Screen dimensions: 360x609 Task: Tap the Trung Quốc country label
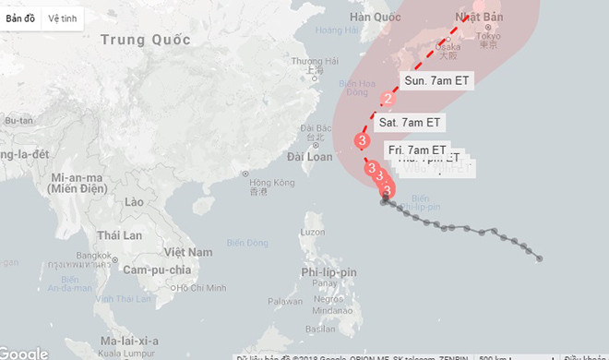tap(146, 40)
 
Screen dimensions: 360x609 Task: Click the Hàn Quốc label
tap(376, 18)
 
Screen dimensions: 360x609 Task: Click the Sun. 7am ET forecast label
tap(436, 80)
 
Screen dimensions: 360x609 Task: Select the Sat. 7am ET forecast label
tap(411, 122)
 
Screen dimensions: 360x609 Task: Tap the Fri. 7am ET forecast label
tap(417, 150)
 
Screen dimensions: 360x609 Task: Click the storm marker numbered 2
tap(388, 99)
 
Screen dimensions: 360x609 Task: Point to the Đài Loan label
tap(310, 157)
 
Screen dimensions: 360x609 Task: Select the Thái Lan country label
tap(120, 235)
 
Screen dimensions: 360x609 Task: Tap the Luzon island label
tap(315, 230)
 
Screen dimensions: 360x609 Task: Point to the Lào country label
tap(134, 201)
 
